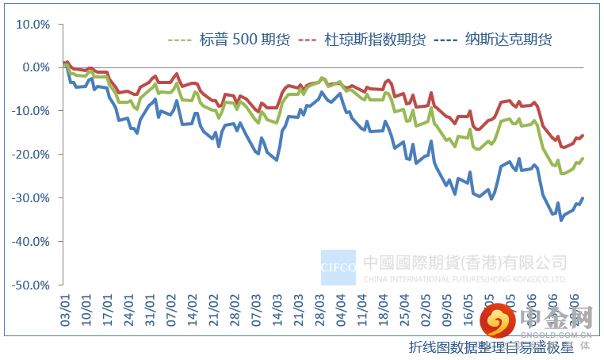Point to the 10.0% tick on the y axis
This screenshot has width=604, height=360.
pos(33,24)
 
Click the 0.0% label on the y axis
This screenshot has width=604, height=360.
pos(36,67)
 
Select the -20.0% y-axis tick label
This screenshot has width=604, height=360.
pos(32,154)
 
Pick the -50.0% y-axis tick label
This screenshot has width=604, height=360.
pos(32,284)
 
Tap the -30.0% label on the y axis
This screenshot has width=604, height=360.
pos(32,197)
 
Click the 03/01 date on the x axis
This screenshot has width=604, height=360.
pos(65,306)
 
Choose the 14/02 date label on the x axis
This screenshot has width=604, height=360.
pos(193,306)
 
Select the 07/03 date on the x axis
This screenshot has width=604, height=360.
pos(256,306)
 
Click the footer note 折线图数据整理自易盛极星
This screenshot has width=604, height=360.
pos(491,347)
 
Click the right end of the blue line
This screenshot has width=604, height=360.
pos(583,198)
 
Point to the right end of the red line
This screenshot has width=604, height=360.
pos(583,136)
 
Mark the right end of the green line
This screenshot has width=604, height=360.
pos(583,159)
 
